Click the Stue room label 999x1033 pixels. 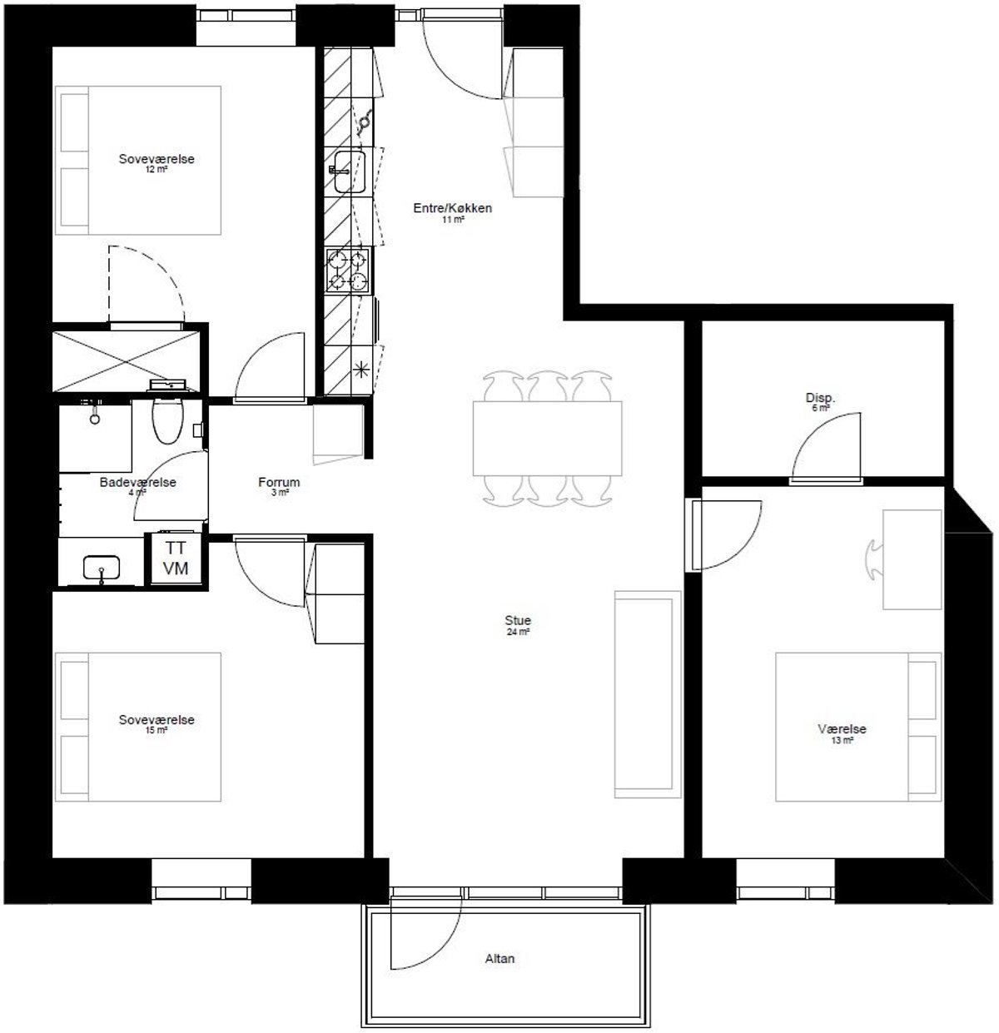point(518,620)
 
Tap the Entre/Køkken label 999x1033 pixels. point(452,208)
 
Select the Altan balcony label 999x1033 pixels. point(499,958)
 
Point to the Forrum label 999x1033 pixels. point(279,482)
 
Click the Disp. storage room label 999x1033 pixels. point(820,398)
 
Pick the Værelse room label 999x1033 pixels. point(842,729)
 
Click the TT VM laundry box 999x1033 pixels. point(175,558)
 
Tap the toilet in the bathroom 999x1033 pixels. point(167,420)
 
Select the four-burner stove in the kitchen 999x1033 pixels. point(348,271)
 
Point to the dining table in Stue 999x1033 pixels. point(547,439)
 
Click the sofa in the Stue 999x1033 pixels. point(647,694)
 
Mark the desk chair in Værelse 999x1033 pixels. point(874,560)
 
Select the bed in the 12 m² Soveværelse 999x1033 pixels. point(138,161)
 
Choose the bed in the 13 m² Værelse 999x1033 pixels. point(857,727)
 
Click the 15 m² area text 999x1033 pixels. point(156,731)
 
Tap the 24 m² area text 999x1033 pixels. point(518,632)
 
